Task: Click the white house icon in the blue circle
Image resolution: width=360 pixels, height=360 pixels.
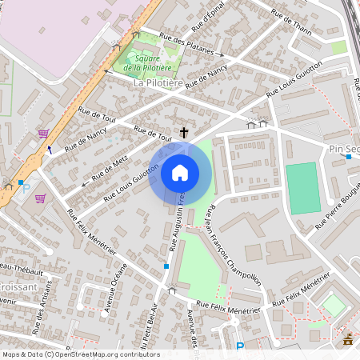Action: (x=180, y=172)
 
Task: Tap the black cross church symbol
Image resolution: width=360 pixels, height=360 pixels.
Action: (x=184, y=132)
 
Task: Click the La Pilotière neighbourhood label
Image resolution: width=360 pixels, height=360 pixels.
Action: (x=158, y=82)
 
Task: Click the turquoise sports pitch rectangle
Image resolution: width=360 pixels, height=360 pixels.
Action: (x=303, y=188)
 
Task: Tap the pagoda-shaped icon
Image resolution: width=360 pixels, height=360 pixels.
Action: (x=347, y=340)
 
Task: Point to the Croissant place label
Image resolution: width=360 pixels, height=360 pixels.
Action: (x=15, y=285)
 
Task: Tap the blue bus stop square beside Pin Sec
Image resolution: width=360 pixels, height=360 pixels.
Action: (x=349, y=157)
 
